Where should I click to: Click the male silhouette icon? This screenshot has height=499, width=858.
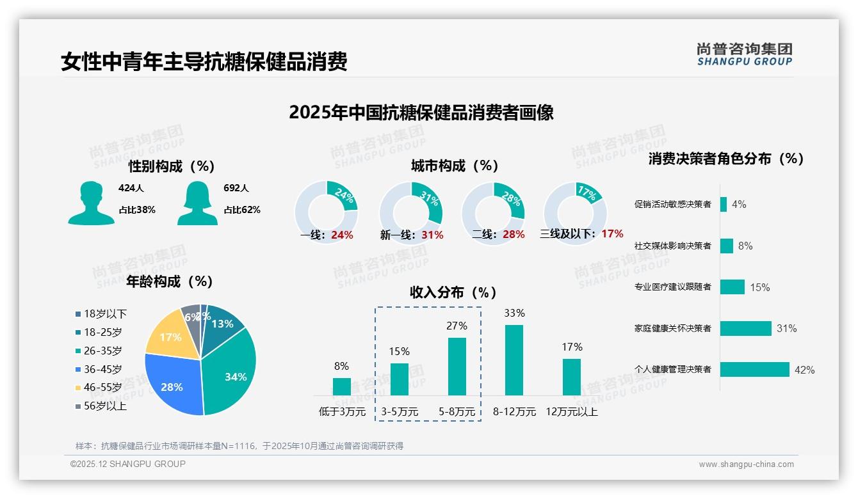91,203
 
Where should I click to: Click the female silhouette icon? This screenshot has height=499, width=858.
197,203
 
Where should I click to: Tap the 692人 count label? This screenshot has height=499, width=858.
236,188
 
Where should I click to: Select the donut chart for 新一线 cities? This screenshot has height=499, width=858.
410,212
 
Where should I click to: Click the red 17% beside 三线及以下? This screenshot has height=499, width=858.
612,234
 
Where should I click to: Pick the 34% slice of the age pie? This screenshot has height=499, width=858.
232,371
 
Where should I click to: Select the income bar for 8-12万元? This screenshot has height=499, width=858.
514,360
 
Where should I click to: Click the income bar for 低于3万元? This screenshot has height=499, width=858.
341,386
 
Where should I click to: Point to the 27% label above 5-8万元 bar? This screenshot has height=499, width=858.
457,326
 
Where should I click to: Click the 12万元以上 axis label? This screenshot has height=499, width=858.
572,412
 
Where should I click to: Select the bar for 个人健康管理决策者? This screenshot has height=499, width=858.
754,370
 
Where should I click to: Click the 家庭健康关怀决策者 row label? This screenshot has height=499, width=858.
672,329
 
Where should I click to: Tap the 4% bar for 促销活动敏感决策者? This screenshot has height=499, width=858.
724,204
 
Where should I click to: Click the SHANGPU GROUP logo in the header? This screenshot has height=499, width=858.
744,54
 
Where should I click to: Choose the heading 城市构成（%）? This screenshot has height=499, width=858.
455,166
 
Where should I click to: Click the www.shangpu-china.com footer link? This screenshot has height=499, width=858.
746,464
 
